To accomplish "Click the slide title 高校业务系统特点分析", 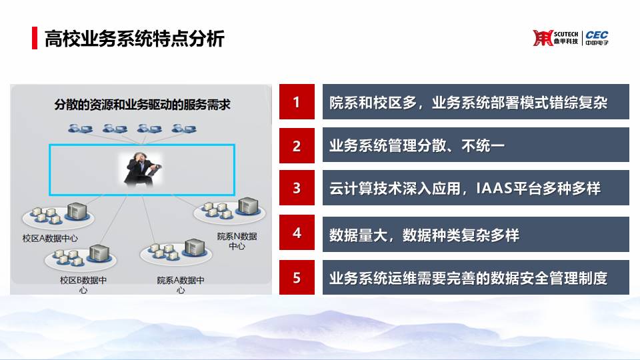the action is (x=134, y=39).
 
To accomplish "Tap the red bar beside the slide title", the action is (x=35, y=38).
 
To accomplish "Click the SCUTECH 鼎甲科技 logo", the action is (x=555, y=38).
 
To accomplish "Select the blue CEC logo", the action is (x=597, y=38).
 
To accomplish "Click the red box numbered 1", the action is (x=297, y=101).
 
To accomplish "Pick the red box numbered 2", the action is (x=297, y=145).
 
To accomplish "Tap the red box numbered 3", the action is (x=297, y=188).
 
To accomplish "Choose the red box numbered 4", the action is (x=297, y=232).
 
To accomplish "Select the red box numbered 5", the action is (x=297, y=277).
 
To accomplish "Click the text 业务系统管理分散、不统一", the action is (x=417, y=146).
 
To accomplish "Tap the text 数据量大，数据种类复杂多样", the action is (x=424, y=235).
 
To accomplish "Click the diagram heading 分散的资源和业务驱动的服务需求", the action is (x=142, y=105).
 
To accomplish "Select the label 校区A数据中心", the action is (x=50, y=239).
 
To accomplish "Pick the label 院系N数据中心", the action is (x=237, y=241).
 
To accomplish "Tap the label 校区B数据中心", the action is (x=83, y=285).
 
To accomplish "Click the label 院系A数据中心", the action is (x=181, y=285).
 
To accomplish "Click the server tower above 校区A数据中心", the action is (x=77, y=211).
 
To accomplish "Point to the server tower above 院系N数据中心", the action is (x=248, y=206).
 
